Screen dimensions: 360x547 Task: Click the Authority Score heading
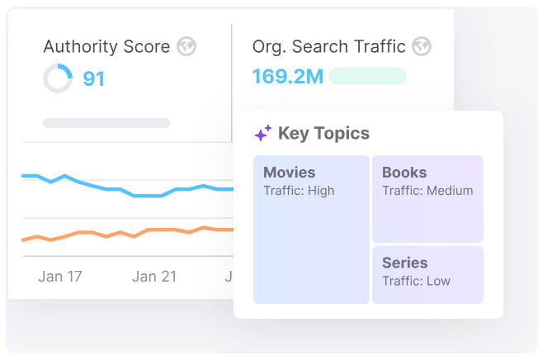107,46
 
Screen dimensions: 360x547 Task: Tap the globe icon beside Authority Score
187,46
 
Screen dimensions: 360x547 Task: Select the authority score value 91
94,79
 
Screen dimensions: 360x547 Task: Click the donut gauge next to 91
58,79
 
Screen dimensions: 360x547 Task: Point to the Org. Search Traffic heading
329,46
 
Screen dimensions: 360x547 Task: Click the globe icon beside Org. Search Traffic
422,46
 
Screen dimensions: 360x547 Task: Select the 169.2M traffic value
287,77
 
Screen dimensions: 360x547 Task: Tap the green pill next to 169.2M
367,77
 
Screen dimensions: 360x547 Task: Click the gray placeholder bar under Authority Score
106,123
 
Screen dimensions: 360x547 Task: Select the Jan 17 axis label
60,277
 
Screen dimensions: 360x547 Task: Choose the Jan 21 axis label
154,277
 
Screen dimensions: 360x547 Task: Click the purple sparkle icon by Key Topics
262,134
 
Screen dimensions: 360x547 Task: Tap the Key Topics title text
323,134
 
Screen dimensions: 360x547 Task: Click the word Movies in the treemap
289,173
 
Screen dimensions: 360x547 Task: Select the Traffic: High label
299,191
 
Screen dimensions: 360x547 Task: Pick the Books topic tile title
404,173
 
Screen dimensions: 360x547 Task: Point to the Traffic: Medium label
427,191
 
